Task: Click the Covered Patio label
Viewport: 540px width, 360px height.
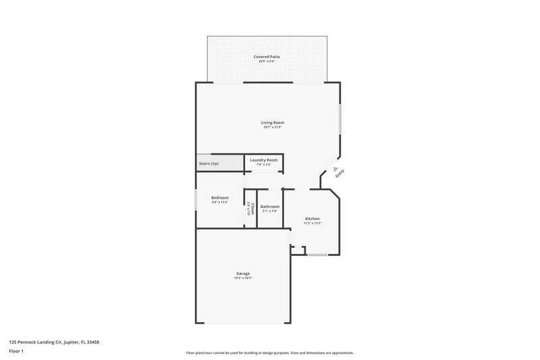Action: click(x=268, y=56)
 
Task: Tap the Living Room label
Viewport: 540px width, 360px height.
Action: click(x=273, y=122)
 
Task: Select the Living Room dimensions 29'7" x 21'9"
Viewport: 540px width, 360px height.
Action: click(x=273, y=127)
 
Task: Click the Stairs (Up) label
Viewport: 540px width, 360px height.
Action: click(x=209, y=163)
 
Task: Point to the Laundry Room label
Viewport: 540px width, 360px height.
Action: click(x=263, y=159)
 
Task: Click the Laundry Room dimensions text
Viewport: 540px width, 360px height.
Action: click(x=263, y=164)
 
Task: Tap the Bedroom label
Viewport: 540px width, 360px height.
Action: click(x=220, y=197)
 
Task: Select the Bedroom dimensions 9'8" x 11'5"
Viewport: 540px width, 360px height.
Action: click(x=220, y=202)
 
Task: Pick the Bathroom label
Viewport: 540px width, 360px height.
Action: click(x=270, y=206)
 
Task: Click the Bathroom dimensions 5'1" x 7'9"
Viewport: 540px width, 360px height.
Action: click(x=270, y=211)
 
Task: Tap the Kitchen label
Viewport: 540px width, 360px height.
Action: click(x=312, y=218)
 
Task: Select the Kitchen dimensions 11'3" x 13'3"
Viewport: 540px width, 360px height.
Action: click(x=312, y=223)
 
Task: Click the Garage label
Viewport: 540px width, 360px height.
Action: click(x=243, y=273)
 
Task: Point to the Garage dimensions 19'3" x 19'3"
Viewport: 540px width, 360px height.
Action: click(x=243, y=278)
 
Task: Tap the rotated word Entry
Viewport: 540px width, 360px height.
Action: click(x=340, y=173)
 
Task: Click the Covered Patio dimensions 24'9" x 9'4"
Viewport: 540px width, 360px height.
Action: click(x=268, y=61)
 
